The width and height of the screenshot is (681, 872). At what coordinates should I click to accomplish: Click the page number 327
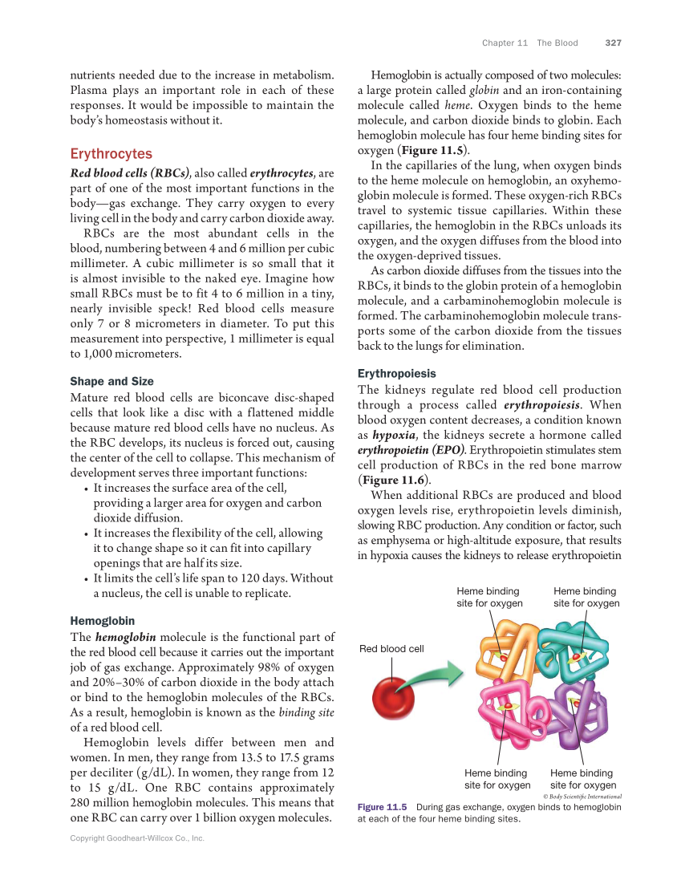[614, 43]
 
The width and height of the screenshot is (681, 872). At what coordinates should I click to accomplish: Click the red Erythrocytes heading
[111, 153]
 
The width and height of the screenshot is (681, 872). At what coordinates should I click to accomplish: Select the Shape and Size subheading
[111, 381]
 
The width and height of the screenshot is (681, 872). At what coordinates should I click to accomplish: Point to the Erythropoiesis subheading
[396, 373]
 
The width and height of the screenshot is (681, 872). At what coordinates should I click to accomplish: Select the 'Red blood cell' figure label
[391, 648]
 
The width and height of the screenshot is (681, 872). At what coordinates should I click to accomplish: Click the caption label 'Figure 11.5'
[383, 807]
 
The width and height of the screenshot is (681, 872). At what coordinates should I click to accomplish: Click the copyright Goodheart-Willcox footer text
[137, 838]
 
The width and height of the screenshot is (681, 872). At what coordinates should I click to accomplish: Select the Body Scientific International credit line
[582, 796]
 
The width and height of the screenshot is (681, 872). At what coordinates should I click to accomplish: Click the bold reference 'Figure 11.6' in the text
[393, 481]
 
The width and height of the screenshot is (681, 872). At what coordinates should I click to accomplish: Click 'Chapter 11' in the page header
[505, 43]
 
